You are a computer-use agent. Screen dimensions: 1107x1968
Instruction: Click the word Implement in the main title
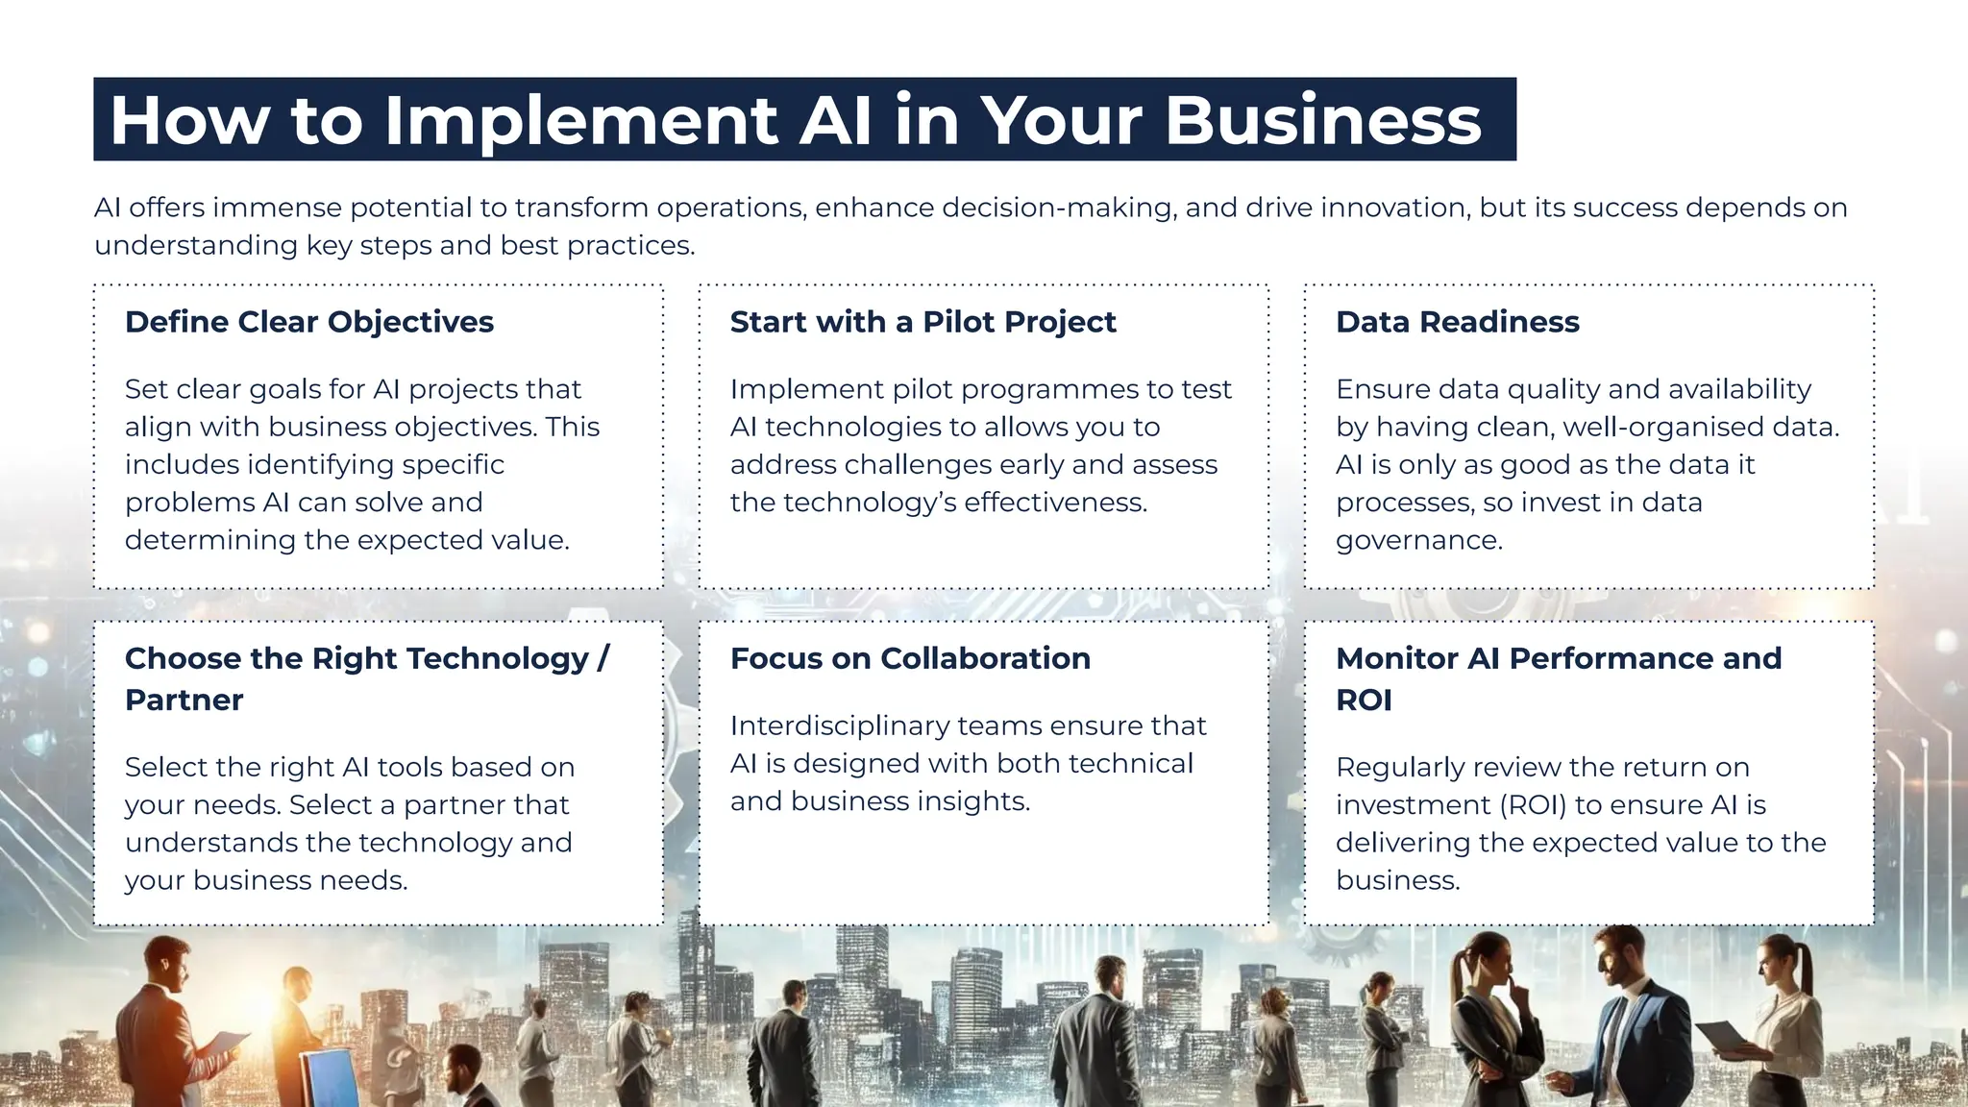(580, 121)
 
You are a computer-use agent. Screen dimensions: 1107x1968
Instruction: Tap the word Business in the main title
(1323, 121)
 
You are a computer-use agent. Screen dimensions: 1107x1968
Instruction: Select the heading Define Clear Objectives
(308, 322)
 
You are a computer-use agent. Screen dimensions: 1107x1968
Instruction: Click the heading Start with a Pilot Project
(922, 322)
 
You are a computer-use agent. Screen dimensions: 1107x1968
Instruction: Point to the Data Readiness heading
(1457, 322)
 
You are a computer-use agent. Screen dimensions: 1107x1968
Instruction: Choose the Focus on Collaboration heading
(910, 658)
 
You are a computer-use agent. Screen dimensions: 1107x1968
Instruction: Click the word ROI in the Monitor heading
(1364, 701)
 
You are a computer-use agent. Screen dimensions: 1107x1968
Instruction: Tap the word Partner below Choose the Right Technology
(184, 701)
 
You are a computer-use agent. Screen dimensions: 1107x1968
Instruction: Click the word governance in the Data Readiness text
(1418, 540)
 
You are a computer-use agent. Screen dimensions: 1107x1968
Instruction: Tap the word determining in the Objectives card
(210, 540)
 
